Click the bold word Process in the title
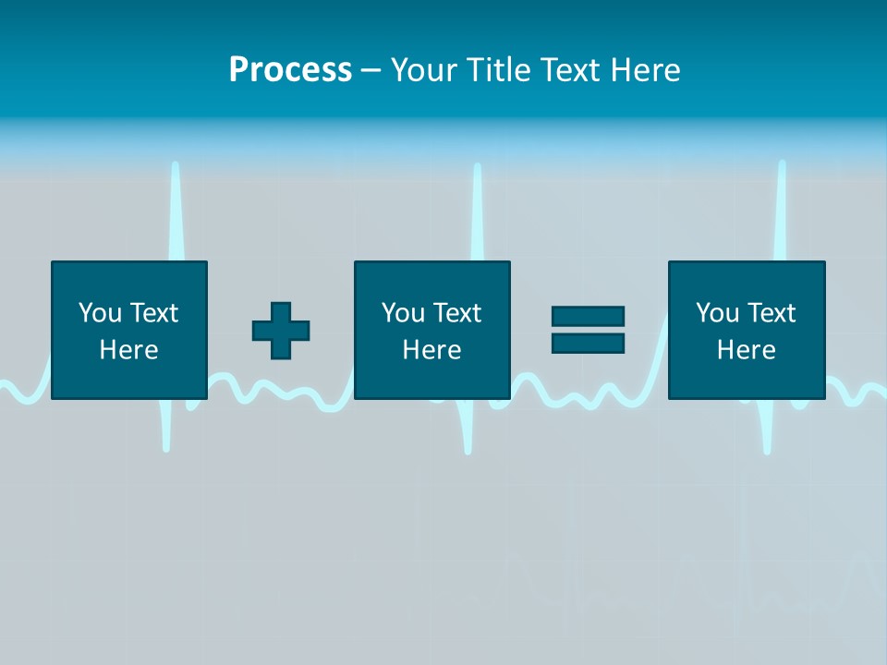pos(290,69)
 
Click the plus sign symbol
pos(281,331)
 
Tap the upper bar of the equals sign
pos(588,317)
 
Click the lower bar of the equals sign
pos(588,343)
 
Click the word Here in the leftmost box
pos(128,350)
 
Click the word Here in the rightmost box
pos(746,350)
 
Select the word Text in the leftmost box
pos(155,313)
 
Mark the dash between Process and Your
pos(371,71)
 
